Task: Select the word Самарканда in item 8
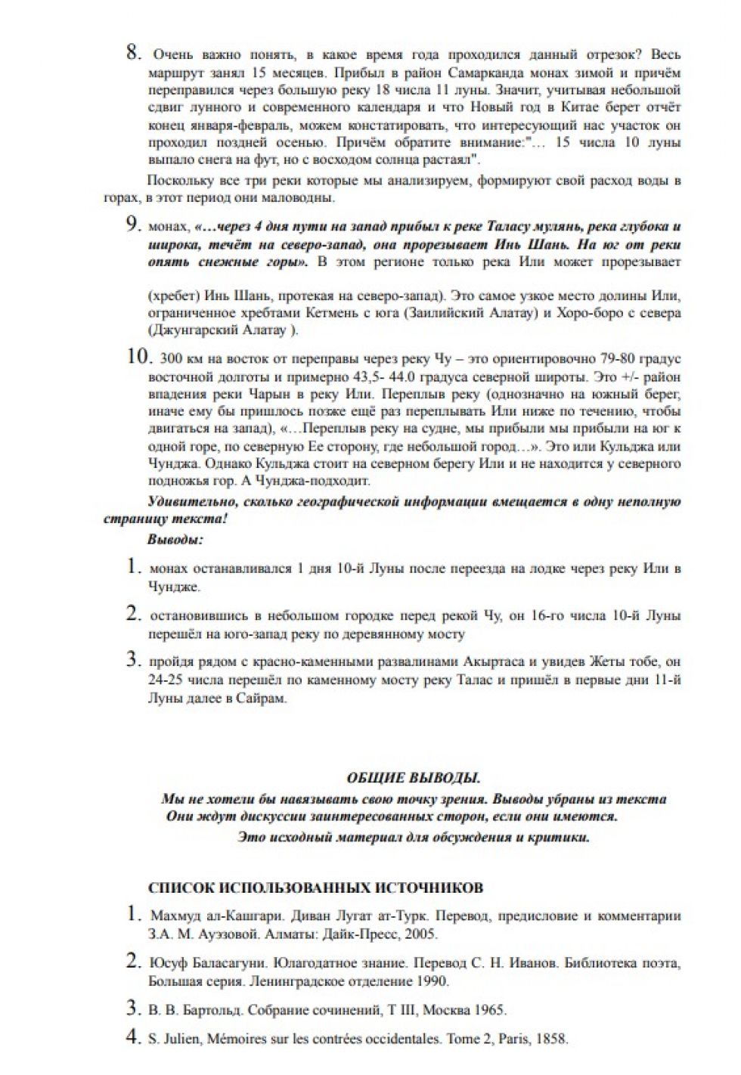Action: [482, 73]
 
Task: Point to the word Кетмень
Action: [331, 312]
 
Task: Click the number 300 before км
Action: [171, 358]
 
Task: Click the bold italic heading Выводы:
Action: [175, 540]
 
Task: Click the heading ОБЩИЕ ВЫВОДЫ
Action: [413, 778]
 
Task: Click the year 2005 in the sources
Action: [420, 934]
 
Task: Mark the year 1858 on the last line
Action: [551, 1039]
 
